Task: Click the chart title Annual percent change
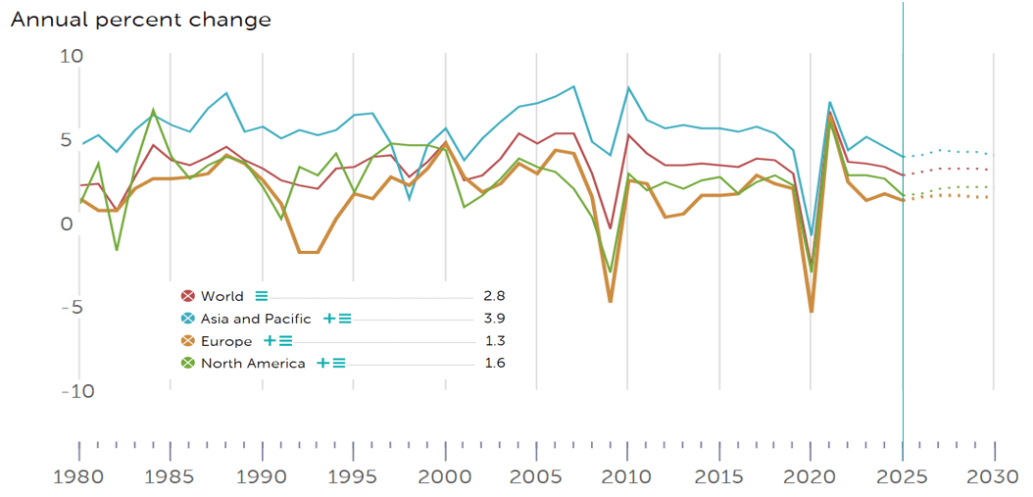tap(141, 20)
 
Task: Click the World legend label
tap(222, 296)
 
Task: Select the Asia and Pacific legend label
tap(256, 319)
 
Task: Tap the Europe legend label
tap(226, 341)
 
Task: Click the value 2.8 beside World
tap(495, 296)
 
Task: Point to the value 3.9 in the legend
tap(495, 319)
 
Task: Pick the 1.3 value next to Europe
tap(495, 341)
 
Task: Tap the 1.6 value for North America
tap(495, 364)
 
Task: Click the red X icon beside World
tap(187, 296)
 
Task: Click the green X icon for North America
tap(187, 364)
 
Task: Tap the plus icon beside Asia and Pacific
tap(329, 319)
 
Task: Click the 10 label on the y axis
tap(72, 56)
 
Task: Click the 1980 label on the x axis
tap(78, 476)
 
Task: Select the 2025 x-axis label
tap(904, 476)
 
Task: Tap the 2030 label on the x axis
tap(995, 476)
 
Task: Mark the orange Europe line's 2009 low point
tap(610, 301)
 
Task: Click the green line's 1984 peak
tap(153, 110)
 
